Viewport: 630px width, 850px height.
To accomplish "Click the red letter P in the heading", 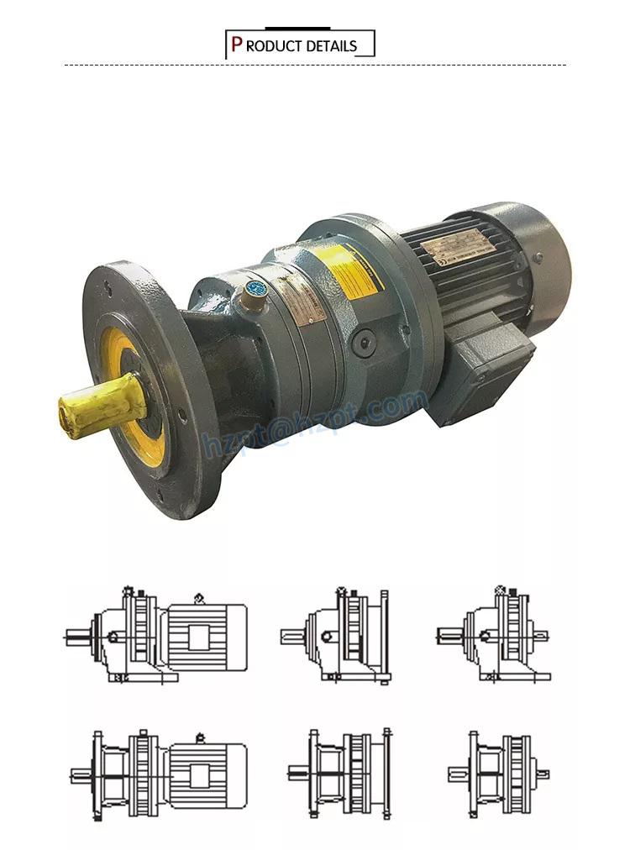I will coord(237,45).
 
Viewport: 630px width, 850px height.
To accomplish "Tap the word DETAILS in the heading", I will coord(331,46).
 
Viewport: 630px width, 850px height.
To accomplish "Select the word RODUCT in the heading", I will coord(275,46).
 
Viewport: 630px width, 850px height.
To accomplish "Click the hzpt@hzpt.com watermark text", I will coord(315,420).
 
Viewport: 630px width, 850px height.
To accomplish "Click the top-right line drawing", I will coord(494,634).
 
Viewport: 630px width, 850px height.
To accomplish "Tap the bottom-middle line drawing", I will coord(340,773).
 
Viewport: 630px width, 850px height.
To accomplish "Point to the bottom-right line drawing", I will coord(499,774).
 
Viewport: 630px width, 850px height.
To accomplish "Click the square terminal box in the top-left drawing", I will coord(198,637).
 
